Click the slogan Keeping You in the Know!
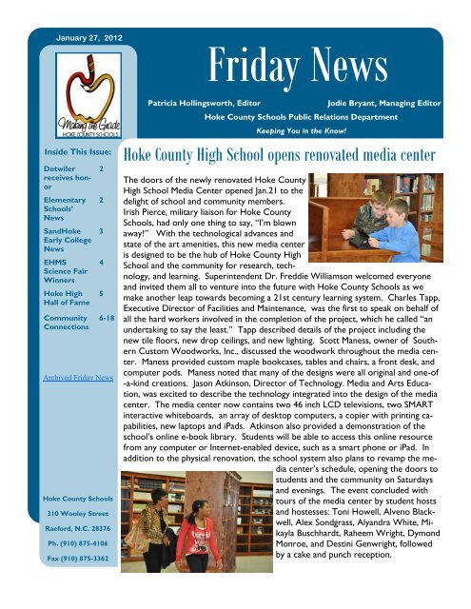click(x=304, y=132)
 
